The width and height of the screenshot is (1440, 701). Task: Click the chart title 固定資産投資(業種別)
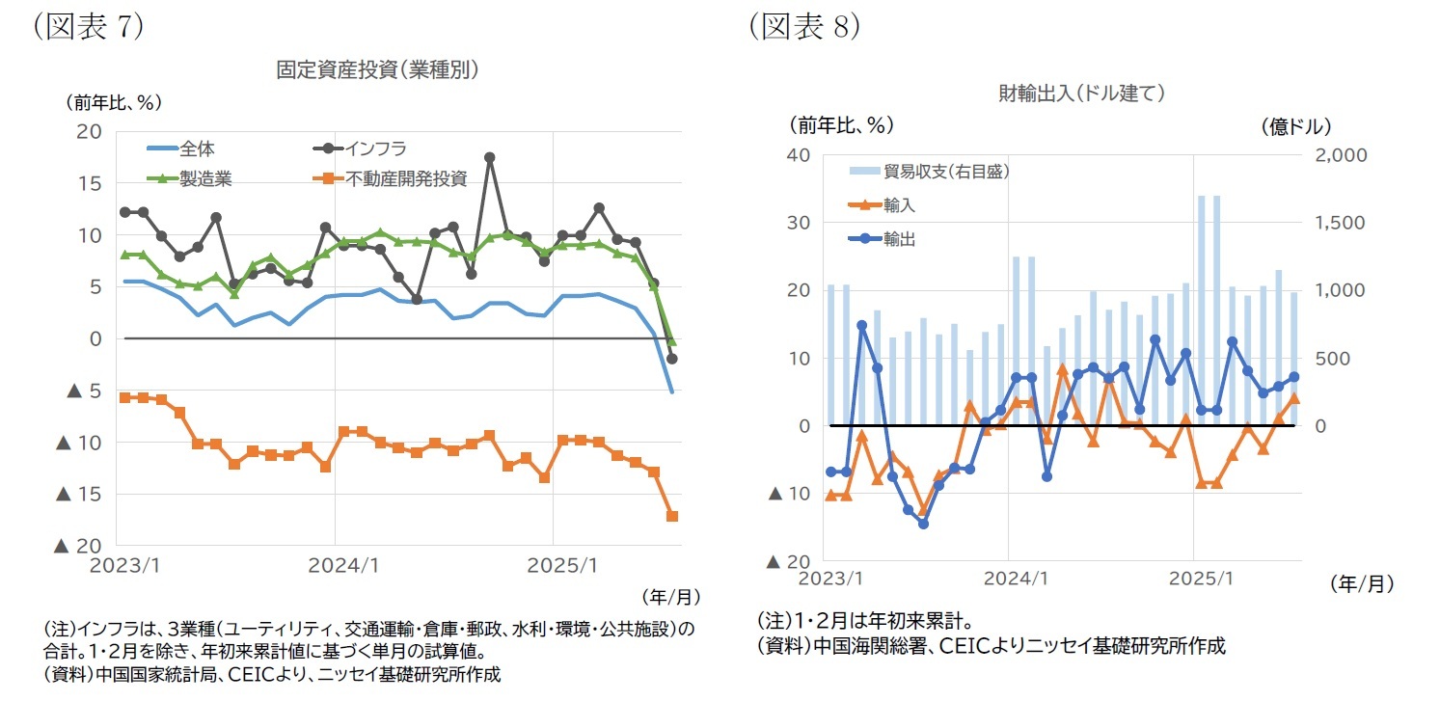378,69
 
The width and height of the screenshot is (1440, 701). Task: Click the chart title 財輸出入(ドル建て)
1082,93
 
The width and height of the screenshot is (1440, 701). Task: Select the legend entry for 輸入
899,205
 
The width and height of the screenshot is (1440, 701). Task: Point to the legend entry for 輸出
899,239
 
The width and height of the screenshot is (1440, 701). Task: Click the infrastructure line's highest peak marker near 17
490,157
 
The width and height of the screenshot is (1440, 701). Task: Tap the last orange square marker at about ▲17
672,516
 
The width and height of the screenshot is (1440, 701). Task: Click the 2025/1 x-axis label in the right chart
1194,579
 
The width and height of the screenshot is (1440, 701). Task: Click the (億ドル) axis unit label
1294,125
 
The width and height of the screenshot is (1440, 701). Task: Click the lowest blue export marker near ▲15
923,524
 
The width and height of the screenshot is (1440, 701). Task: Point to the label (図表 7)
88,26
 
